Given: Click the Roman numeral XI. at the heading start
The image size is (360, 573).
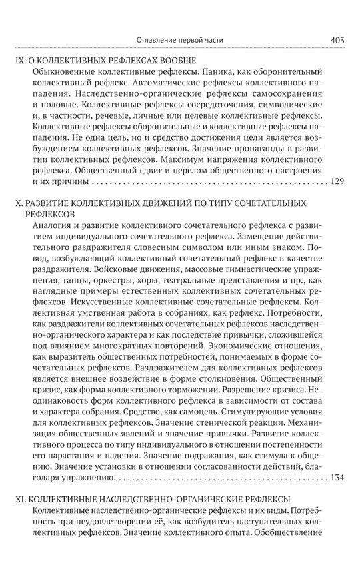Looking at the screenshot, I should (x=20, y=498).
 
